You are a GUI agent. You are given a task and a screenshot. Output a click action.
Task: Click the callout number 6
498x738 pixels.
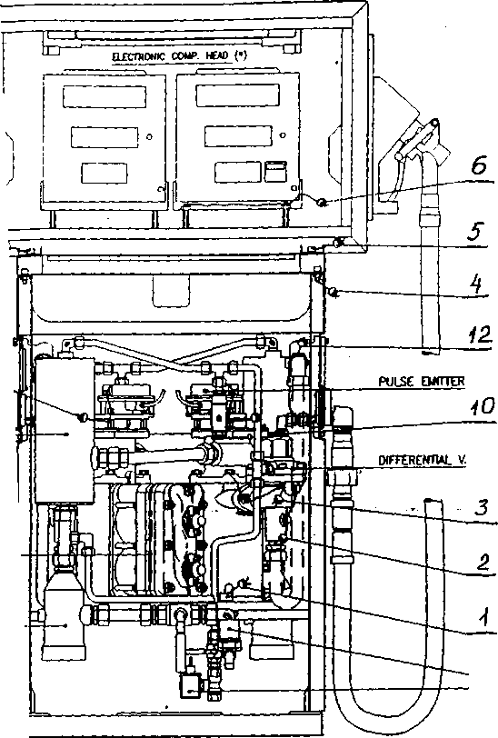point(478,165)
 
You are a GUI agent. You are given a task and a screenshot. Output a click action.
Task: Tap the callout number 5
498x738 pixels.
point(476,231)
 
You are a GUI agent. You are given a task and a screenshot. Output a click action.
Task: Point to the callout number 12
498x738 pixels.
point(479,334)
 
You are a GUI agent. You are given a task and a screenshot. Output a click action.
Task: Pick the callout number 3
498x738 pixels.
point(481,507)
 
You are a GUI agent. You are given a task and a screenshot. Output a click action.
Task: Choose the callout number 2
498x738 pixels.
point(483,562)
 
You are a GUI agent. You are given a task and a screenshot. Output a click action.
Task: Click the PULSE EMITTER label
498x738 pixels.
point(422,381)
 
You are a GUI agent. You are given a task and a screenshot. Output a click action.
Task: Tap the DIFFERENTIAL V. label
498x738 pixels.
point(423,460)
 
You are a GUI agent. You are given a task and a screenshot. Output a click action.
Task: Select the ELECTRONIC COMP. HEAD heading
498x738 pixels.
point(179,56)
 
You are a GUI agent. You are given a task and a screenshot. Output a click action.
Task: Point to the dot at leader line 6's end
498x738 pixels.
point(322,203)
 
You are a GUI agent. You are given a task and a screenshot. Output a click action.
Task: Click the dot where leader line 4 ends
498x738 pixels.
point(333,293)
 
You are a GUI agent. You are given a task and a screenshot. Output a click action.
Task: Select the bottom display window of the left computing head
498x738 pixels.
point(104,173)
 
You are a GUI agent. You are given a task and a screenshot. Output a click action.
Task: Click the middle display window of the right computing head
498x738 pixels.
point(238,135)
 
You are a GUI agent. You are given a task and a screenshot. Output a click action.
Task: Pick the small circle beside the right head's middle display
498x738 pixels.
point(283,135)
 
